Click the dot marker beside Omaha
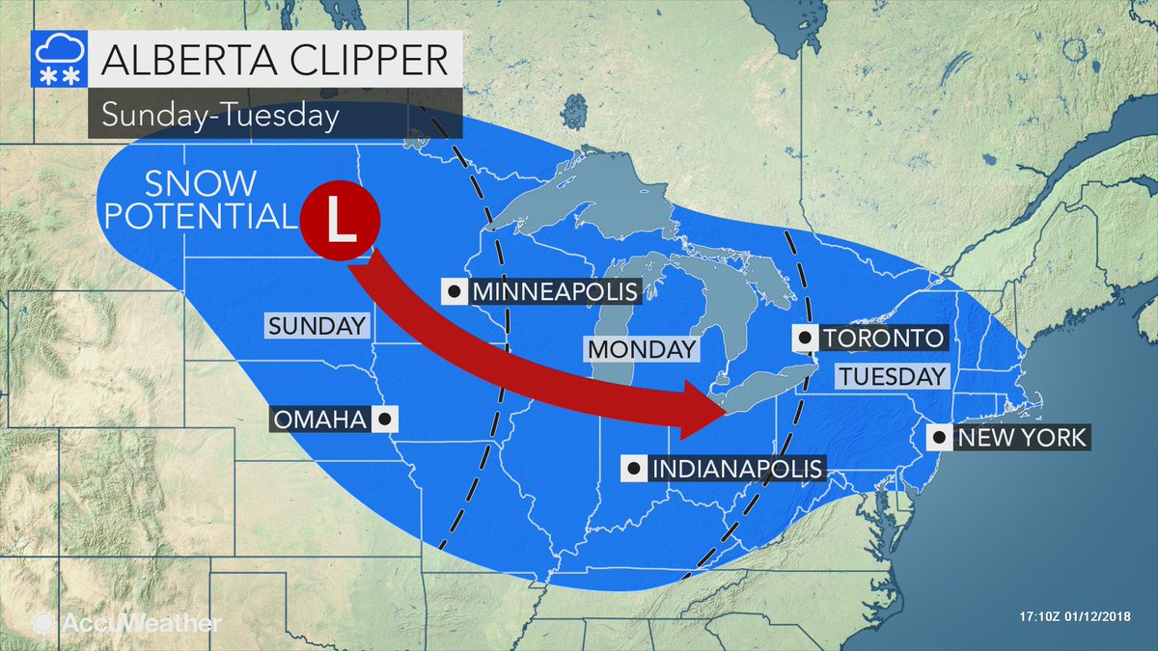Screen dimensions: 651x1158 click(385, 420)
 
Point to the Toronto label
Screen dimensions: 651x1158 click(881, 339)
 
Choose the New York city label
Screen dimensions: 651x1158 click(1021, 438)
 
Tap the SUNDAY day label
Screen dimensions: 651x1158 click(318, 326)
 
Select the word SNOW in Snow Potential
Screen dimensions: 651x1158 click(202, 183)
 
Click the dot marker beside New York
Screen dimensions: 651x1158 click(939, 438)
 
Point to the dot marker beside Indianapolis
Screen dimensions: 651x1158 click(634, 469)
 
